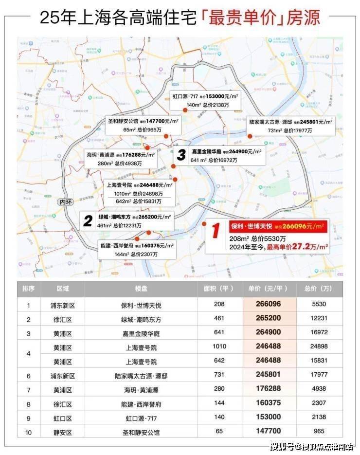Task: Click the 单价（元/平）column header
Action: click(x=270, y=289)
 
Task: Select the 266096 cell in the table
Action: click(x=270, y=305)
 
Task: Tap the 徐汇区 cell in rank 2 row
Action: click(x=63, y=320)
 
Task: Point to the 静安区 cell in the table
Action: click(x=63, y=432)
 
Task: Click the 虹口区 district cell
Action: click(x=63, y=418)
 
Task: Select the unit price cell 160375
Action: click(x=270, y=404)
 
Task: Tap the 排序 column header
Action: click(x=29, y=289)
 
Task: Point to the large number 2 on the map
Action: click(x=88, y=221)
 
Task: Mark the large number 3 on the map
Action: click(x=181, y=156)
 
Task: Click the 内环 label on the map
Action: click(x=64, y=201)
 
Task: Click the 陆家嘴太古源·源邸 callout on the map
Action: click(x=290, y=126)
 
